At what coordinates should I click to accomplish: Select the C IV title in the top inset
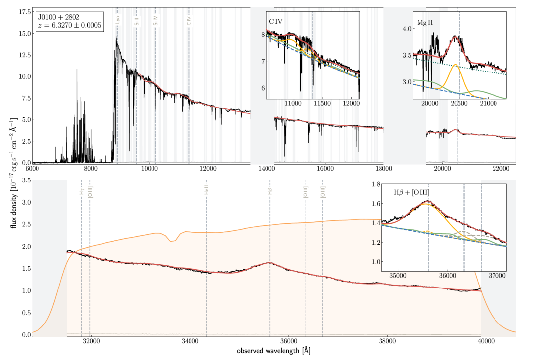pyautogui.click(x=277, y=21)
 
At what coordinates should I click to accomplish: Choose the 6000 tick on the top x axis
pyautogui.click(x=33, y=169)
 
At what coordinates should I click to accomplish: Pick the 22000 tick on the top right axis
pyautogui.click(x=501, y=169)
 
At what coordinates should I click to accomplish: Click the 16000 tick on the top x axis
pyautogui.click(x=325, y=169)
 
